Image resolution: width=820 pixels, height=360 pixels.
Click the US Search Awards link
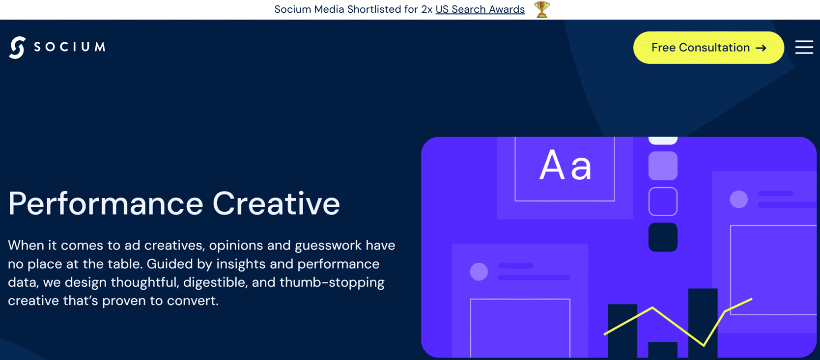coord(480,9)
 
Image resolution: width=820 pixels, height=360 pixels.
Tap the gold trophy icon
coord(542,9)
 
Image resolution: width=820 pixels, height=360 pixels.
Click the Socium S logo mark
coord(17,47)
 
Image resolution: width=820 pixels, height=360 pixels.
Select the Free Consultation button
coord(708,48)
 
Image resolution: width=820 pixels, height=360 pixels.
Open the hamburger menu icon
coord(804,47)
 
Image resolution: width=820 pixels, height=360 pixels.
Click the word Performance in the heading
coord(106,203)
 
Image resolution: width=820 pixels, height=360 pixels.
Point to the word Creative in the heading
coord(276,203)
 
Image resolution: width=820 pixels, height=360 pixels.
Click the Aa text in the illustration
coord(565,166)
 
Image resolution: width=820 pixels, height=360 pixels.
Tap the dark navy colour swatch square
coord(663,237)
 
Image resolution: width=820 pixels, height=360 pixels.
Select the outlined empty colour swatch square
coord(663,201)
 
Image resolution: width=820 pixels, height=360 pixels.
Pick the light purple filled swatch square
coord(663,166)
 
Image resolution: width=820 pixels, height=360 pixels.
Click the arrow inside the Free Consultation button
coord(761,48)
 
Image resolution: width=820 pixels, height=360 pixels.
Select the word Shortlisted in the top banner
coord(382,9)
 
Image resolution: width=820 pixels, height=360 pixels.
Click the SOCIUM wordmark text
coord(69,47)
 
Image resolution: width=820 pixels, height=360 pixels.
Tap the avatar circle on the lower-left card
coord(479,272)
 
